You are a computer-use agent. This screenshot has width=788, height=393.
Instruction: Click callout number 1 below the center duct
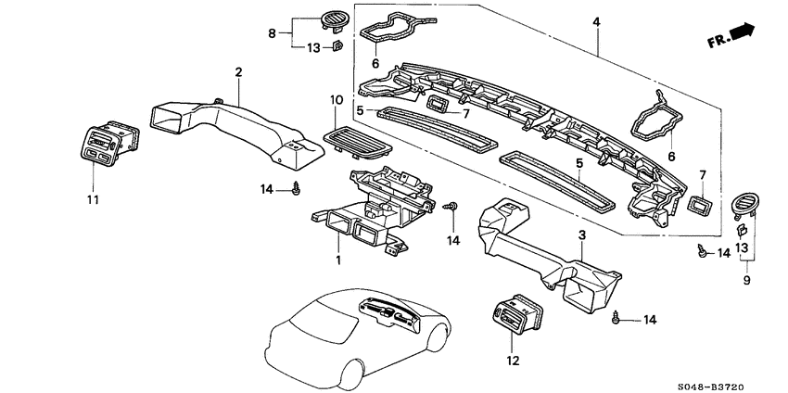tap(337, 260)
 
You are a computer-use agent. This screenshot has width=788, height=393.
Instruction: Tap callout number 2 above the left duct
tap(238, 72)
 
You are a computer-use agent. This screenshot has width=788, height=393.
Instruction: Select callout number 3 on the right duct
tap(581, 237)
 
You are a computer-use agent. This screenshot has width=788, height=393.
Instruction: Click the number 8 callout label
tap(273, 33)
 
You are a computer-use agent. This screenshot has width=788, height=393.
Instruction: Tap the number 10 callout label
tap(336, 100)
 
